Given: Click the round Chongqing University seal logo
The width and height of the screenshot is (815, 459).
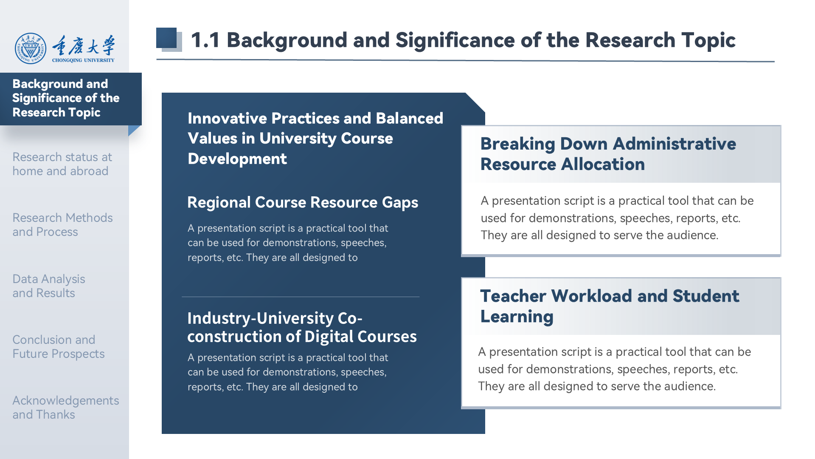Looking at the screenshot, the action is pyautogui.click(x=31, y=48).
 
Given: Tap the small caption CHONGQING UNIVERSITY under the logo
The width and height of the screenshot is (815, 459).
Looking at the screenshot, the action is pyautogui.click(x=83, y=60).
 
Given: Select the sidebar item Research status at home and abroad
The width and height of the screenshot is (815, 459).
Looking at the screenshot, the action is pyautogui.click(x=62, y=164).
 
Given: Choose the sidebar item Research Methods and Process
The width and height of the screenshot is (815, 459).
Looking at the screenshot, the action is pyautogui.click(x=62, y=225).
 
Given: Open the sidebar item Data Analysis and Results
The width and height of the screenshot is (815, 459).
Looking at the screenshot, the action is pyautogui.click(x=49, y=286).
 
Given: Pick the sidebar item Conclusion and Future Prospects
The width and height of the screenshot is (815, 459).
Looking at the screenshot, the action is pyautogui.click(x=59, y=347).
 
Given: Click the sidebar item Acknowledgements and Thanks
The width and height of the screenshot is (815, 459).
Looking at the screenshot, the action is pyautogui.click(x=66, y=408).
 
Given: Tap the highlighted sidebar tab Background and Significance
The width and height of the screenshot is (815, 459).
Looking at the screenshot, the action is pyautogui.click(x=66, y=98).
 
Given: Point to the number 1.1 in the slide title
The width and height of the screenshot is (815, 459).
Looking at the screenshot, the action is pyautogui.click(x=205, y=40).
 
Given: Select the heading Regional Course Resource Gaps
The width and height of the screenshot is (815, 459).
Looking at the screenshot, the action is pyautogui.click(x=303, y=203).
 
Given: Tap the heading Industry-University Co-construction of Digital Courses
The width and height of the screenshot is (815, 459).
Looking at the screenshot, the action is pyautogui.click(x=302, y=327).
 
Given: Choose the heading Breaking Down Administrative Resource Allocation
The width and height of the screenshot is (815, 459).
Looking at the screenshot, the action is pyautogui.click(x=608, y=154).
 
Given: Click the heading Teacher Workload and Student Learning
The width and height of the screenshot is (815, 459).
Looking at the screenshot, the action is pyautogui.click(x=610, y=306).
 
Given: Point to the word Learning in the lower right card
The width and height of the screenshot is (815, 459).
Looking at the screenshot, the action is pyautogui.click(x=517, y=317).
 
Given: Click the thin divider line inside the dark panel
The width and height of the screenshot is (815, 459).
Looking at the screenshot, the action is pyautogui.click(x=301, y=297).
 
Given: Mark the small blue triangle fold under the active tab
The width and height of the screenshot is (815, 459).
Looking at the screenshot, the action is pyautogui.click(x=133, y=130).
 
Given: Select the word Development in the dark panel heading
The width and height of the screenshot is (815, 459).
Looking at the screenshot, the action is pyautogui.click(x=237, y=159).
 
